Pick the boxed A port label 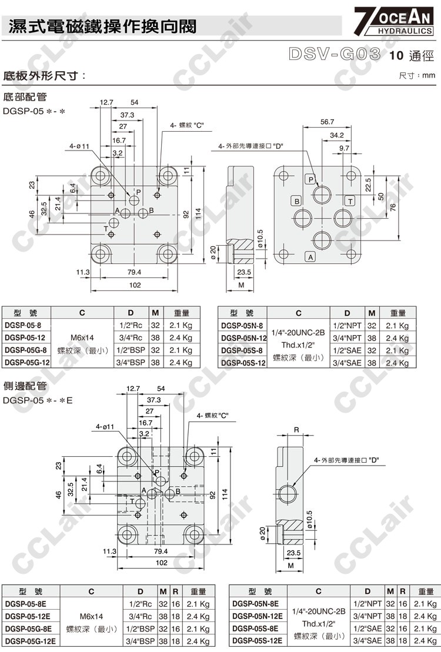[310, 256]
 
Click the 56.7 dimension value [328, 122]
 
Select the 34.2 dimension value [336, 135]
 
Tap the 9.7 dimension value [344, 148]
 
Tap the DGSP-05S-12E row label [258, 641]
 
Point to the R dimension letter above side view [296, 430]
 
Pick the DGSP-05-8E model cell [27, 604]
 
